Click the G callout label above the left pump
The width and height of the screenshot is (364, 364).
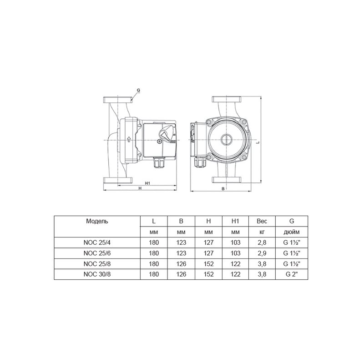138,90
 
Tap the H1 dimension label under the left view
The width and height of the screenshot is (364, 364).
147,183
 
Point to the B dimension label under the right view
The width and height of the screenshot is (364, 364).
223,189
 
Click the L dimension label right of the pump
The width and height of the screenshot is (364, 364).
257,142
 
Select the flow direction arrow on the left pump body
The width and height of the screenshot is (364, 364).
129,139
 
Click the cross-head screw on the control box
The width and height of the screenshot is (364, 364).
159,141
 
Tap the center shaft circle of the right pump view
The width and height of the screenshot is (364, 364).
226,140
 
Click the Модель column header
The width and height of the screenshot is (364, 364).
97,221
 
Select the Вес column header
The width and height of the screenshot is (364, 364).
262,221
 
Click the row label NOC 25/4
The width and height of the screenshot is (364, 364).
97,243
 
